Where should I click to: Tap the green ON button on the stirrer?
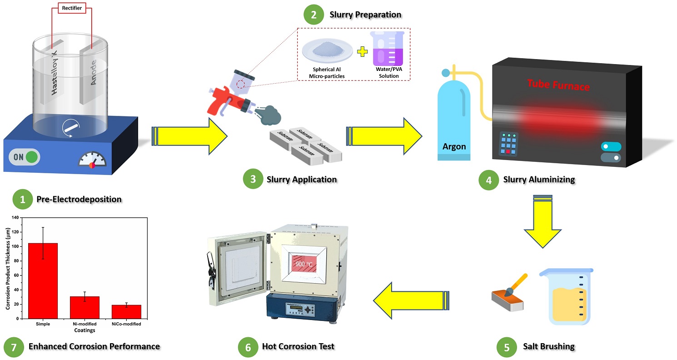[31, 157]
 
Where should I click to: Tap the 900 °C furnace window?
[304, 264]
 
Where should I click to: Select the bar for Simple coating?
[43, 280]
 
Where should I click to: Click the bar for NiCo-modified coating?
[126, 311]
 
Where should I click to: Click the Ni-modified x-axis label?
[85, 324]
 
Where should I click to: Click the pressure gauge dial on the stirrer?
[92, 160]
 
